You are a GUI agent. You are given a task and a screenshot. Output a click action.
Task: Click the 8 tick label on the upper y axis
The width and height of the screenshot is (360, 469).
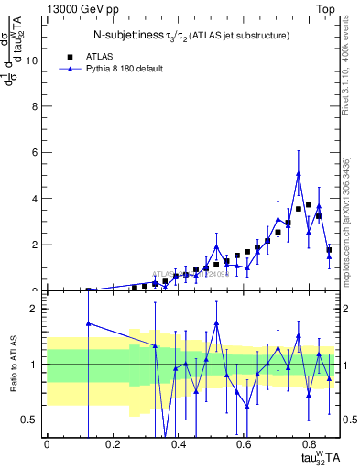pyautogui.click(x=36, y=106)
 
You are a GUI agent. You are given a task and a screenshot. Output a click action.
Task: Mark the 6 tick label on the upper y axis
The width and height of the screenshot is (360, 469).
pyautogui.click(x=36, y=153)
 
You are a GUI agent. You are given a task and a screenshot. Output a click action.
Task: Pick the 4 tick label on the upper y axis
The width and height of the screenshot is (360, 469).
pyautogui.click(x=36, y=199)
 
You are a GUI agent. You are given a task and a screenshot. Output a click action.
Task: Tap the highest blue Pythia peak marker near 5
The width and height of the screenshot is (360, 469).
pyautogui.click(x=299, y=173)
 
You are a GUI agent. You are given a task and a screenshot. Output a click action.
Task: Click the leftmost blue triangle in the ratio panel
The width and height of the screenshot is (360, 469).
pyautogui.click(x=88, y=322)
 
